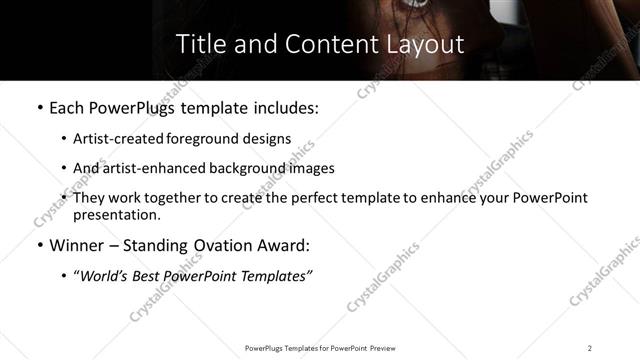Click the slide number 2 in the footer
(590, 348)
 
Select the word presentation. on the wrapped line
(116, 214)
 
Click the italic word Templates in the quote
(275, 276)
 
